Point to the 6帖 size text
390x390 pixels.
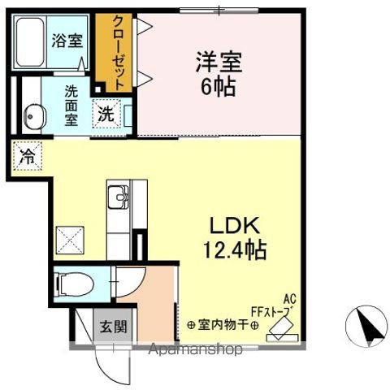pyautogui.click(x=216, y=86)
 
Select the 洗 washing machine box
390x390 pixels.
pyautogui.click(x=106, y=115)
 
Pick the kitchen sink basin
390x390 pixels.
pyautogui.click(x=119, y=198)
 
